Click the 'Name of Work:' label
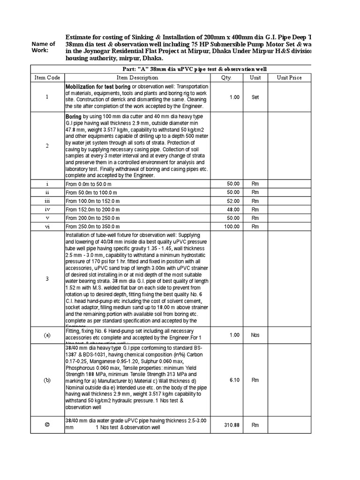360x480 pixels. [43, 47]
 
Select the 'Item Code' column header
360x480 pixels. [47, 77]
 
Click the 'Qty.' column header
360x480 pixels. [227, 77]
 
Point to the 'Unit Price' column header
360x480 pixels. [289, 77]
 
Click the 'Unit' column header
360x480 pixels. [255, 77]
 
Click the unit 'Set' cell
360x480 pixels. [255, 97]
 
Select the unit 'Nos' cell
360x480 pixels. [255, 335]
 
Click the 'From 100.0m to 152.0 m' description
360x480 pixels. [93, 201]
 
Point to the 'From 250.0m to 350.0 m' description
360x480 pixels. [93, 227]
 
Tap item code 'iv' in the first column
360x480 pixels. [47, 210]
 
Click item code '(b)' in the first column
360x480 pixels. [47, 380]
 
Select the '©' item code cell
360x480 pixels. [47, 425]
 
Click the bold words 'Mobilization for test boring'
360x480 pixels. [97, 87]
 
